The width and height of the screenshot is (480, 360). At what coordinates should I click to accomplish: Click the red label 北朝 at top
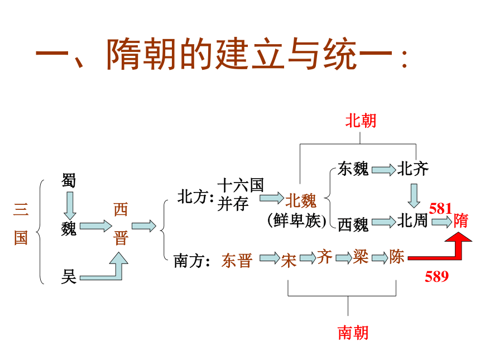coord(361,121)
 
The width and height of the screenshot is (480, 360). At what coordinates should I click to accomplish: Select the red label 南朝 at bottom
coord(353,333)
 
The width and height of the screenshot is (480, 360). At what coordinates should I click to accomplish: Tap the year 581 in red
coord(440,209)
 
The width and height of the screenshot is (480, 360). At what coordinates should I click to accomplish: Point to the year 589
coord(436,276)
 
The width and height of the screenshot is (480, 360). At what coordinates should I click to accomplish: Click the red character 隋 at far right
coord(460,220)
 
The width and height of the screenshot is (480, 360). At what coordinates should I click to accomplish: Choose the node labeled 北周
coord(412,220)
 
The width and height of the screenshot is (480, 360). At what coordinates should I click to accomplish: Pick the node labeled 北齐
coord(413,169)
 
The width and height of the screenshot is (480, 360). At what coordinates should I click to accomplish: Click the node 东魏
coord(353,169)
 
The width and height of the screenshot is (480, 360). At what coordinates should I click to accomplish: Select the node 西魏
coord(353,224)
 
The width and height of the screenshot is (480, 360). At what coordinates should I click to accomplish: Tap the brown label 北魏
coord(301,201)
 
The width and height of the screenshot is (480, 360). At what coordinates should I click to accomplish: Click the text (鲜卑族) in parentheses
coord(297,220)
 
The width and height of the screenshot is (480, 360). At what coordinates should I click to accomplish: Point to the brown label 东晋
coord(237,261)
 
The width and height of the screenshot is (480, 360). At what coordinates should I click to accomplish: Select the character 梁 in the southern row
coord(361,257)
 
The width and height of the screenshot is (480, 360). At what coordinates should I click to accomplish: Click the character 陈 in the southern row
coord(397,257)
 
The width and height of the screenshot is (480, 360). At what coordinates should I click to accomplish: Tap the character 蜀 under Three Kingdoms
coord(69,180)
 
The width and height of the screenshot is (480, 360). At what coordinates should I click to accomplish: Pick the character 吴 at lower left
coord(69,277)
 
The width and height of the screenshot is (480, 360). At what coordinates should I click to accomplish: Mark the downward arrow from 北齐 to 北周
coord(414,196)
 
